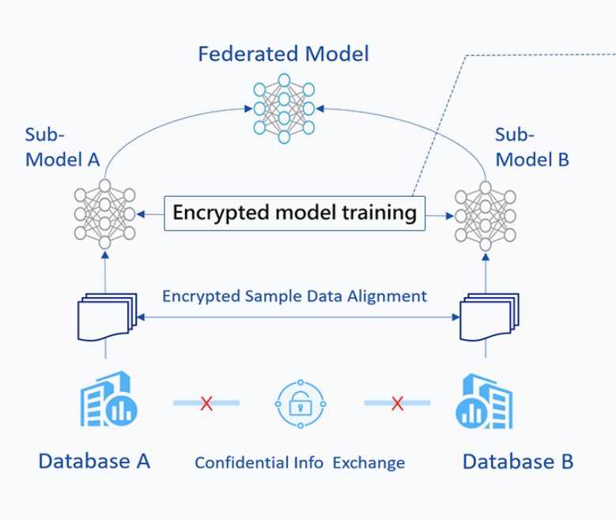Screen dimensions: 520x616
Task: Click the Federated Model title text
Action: tap(283, 55)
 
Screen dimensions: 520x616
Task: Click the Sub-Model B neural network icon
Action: tap(485, 214)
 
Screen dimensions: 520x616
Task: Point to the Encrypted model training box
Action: tap(294, 213)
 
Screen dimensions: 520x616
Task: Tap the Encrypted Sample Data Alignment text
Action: tap(294, 297)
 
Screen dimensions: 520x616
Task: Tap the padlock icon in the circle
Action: tap(300, 404)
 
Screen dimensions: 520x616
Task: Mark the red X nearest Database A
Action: tap(206, 404)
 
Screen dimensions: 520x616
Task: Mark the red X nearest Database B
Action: tap(397, 404)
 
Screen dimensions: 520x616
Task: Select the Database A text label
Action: tap(94, 461)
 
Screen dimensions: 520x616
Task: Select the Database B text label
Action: tap(517, 461)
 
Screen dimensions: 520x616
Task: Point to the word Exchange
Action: tap(368, 463)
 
